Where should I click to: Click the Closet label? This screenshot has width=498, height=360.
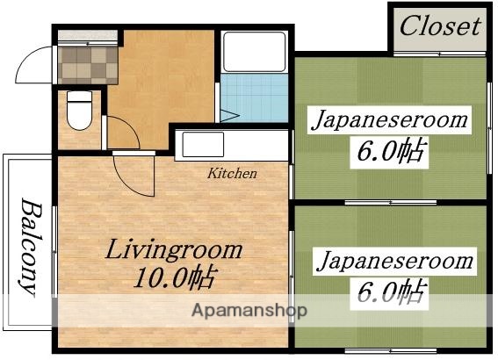pos(440,25)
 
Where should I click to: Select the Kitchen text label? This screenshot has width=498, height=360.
pos(232,173)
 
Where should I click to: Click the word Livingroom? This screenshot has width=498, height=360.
pos(174,249)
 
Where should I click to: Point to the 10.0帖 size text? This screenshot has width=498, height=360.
pos(175,280)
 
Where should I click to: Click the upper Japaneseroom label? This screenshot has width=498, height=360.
pos(387,120)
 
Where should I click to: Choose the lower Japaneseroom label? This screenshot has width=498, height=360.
pos(394,261)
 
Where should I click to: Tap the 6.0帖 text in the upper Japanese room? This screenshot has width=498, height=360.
pos(391,152)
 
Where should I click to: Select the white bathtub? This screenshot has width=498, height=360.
pos(255,52)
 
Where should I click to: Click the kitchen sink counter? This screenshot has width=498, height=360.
pos(232,145)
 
